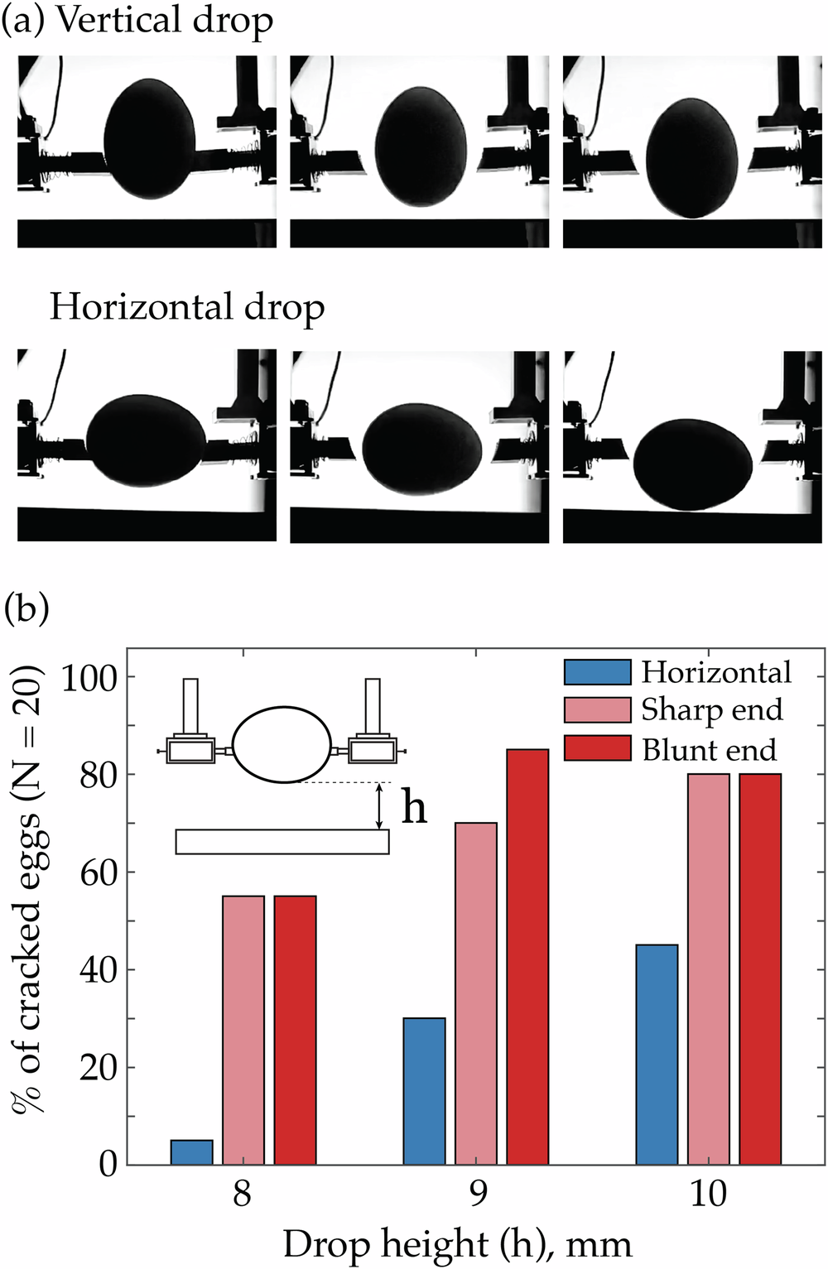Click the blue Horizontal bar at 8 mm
tap(192, 1151)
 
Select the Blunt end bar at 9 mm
tap(527, 956)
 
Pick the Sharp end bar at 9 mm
tap(476, 993)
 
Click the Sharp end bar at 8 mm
tap(243, 1030)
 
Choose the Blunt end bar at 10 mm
tap(760, 969)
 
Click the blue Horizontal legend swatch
tap(597, 671)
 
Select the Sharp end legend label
tap(711, 709)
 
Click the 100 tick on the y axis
tap(90, 677)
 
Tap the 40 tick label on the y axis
tap(98, 969)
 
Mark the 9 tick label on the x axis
tap(478, 1193)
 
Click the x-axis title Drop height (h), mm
tap(457, 1244)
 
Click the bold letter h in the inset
tap(414, 807)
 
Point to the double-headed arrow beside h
tap(379, 806)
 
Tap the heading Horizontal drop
tap(186, 307)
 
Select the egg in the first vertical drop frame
tap(150, 138)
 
